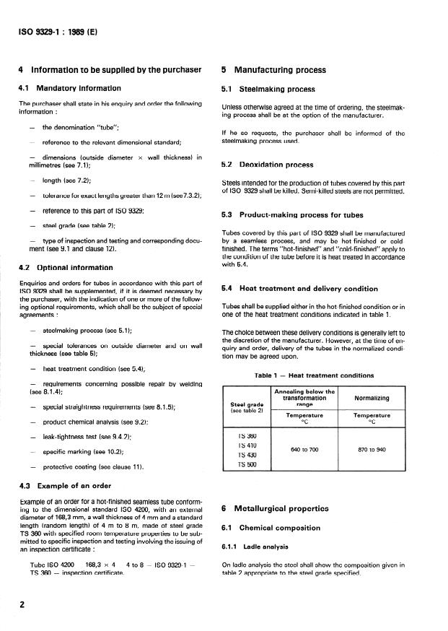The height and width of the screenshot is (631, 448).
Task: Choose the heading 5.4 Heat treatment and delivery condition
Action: (299, 289)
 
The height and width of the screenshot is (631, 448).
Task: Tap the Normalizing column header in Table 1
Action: (372, 398)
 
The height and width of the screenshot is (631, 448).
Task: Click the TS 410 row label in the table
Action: (247, 446)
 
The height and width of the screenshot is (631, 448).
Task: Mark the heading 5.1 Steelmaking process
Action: (268, 90)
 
